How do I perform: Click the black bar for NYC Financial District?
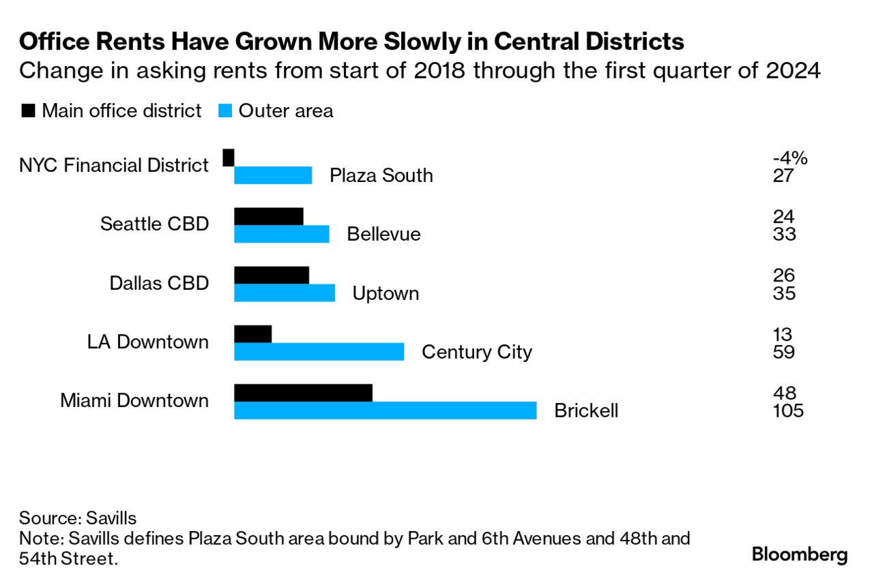(x=229, y=157)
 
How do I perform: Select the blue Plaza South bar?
(x=273, y=175)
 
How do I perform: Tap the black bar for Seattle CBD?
(x=269, y=216)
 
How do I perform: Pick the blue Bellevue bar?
(x=282, y=234)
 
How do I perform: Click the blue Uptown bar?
(x=285, y=292)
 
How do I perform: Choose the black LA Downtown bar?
(x=253, y=334)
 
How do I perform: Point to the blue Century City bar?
(x=319, y=352)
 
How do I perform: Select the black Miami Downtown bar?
(x=304, y=393)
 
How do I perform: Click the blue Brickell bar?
(x=385, y=410)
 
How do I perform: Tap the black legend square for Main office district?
(x=29, y=110)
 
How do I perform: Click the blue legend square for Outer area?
(x=225, y=110)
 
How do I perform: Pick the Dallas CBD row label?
(x=159, y=283)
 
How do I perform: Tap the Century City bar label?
(x=477, y=352)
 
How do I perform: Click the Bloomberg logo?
(x=800, y=554)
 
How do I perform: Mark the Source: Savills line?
(x=78, y=518)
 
